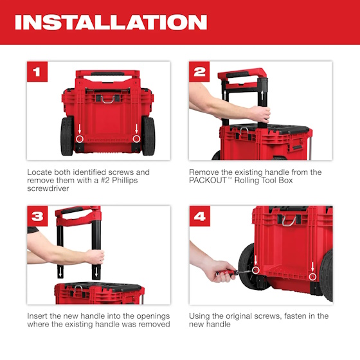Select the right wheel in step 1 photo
(148, 136)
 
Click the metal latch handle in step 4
(291, 221)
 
